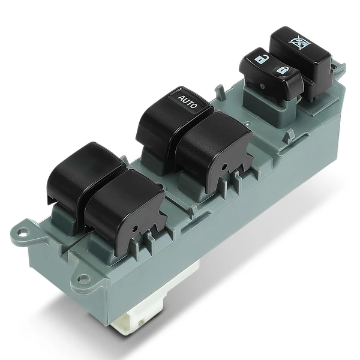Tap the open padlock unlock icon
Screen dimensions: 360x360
(260, 59)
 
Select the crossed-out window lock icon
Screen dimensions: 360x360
(295, 42)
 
